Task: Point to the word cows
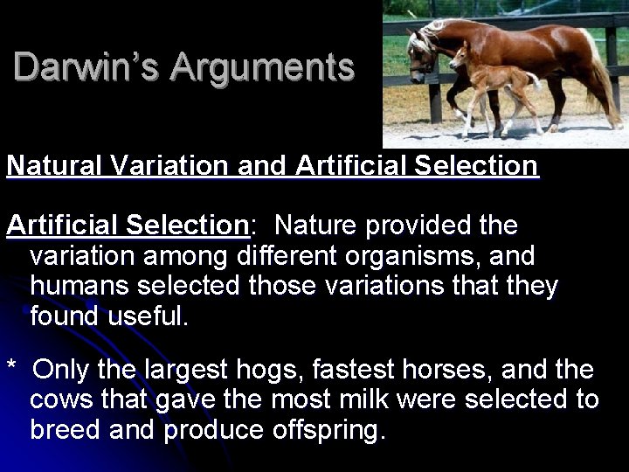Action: pyautogui.click(x=62, y=400)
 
